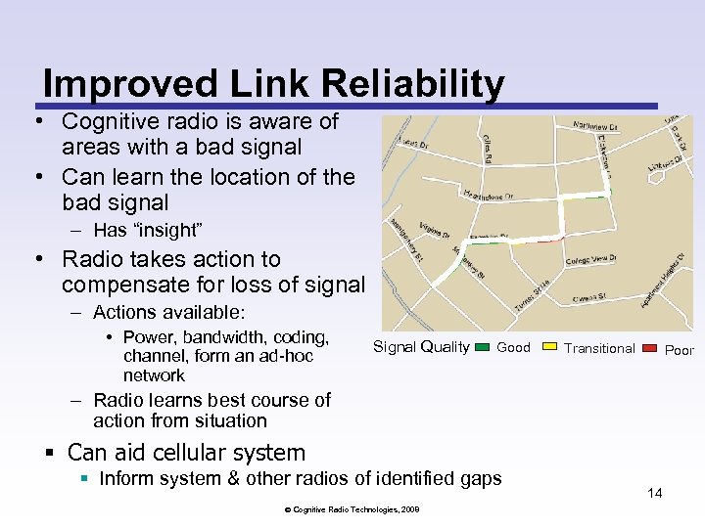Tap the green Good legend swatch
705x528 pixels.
pyautogui.click(x=483, y=347)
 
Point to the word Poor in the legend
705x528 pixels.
pyautogui.click(x=679, y=350)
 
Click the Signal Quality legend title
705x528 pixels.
pyautogui.click(x=421, y=347)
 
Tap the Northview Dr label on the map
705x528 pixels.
pyautogui.click(x=595, y=125)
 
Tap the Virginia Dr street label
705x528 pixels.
pyautogui.click(x=434, y=232)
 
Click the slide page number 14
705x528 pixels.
pyautogui.click(x=654, y=493)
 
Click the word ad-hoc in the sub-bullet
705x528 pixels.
pyautogui.click(x=286, y=356)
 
